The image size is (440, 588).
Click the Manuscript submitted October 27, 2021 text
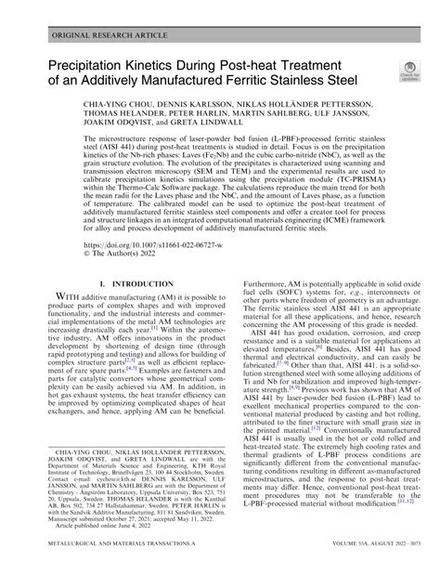coord(92,546)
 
